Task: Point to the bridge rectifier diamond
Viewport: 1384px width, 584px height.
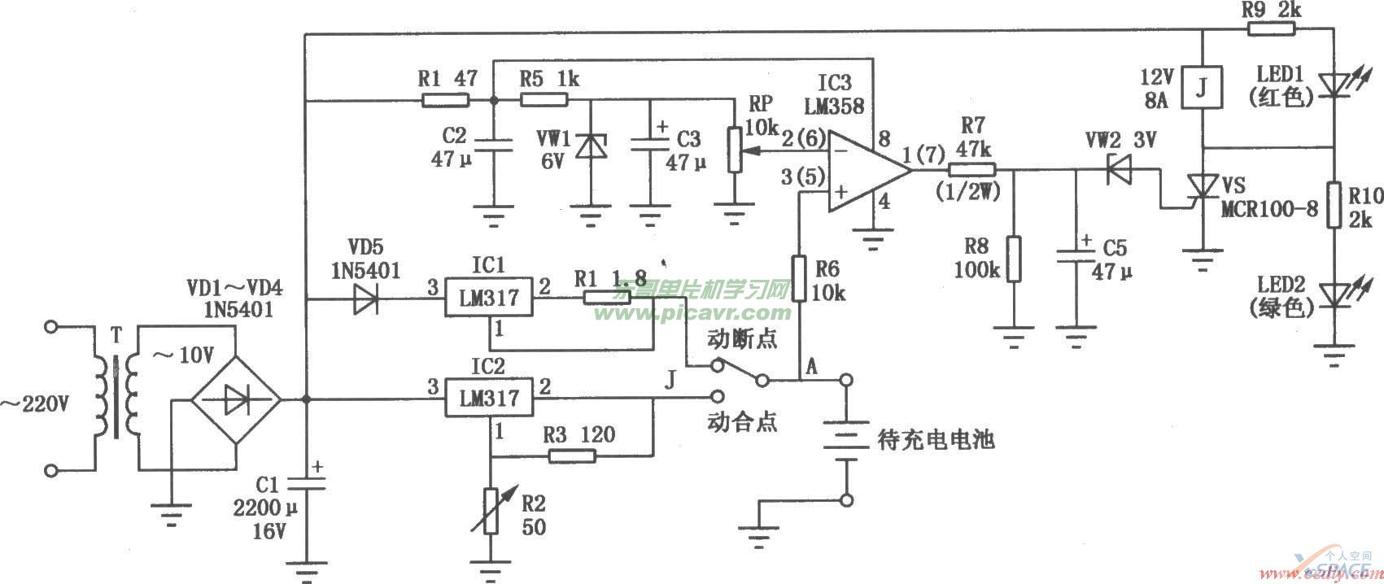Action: [x=236, y=399]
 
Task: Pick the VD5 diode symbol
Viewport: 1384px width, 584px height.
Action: [x=365, y=300]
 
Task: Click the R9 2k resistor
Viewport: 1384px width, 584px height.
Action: [x=1271, y=31]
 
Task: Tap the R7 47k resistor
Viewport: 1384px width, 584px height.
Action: [x=971, y=170]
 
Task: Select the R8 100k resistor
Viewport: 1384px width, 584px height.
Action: [x=1014, y=259]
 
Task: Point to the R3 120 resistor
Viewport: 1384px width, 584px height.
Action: [x=572, y=456]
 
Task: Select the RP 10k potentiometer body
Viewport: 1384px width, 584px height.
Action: [x=735, y=150]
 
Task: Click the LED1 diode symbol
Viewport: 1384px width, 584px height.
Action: [x=1334, y=84]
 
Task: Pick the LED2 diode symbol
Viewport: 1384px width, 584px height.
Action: [x=1334, y=294]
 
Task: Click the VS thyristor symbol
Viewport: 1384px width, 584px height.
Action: [x=1203, y=190]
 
